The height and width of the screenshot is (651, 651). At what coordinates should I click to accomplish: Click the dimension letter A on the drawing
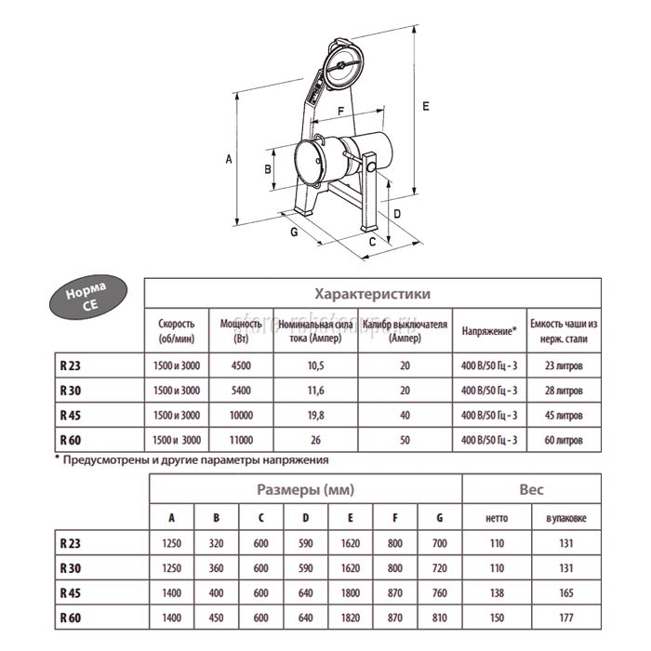click(x=228, y=160)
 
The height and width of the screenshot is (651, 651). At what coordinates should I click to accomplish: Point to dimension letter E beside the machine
click(x=424, y=107)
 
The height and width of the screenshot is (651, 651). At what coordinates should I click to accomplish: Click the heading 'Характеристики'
click(x=372, y=293)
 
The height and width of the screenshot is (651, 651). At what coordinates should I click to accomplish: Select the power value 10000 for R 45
click(x=239, y=413)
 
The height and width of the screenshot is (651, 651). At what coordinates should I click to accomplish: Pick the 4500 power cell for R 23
click(x=239, y=365)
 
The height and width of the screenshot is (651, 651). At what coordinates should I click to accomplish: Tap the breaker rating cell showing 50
click(x=405, y=437)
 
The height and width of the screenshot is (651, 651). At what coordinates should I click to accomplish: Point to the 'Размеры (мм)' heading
click(x=306, y=489)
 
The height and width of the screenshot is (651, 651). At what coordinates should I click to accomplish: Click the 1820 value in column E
click(x=352, y=616)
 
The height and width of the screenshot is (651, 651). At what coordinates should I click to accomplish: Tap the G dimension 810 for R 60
click(x=440, y=616)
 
